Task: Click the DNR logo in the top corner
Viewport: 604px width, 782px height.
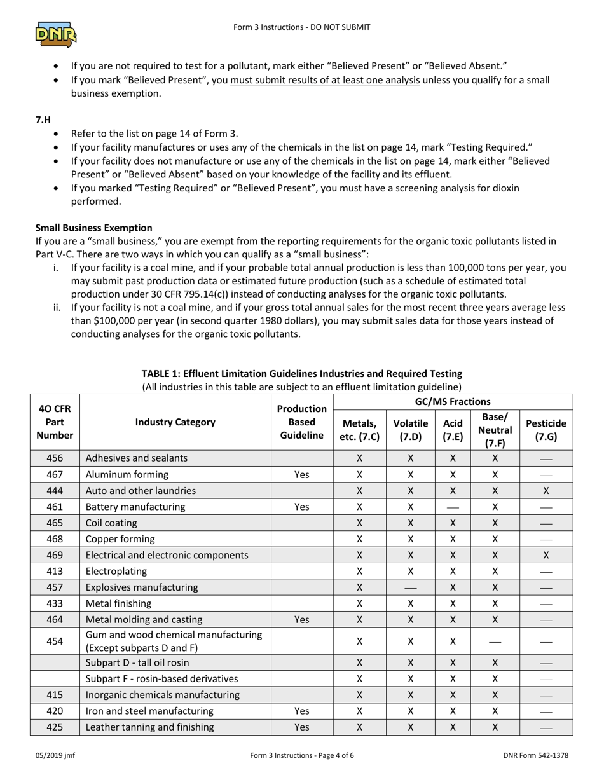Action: tap(56, 34)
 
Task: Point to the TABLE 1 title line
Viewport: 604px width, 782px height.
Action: tap(301, 373)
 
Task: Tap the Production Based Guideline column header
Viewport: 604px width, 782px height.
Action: tap(301, 422)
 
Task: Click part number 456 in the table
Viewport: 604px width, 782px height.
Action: tap(55, 458)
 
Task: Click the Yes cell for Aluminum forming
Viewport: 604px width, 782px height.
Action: tap(301, 474)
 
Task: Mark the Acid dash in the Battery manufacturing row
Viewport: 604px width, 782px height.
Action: tap(453, 507)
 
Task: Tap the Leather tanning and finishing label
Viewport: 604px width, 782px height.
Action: tap(149, 727)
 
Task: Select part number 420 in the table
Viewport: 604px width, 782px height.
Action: tap(55, 711)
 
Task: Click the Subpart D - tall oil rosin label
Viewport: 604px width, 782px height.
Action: tap(137, 662)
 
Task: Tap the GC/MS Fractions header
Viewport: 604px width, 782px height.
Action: tap(453, 401)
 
